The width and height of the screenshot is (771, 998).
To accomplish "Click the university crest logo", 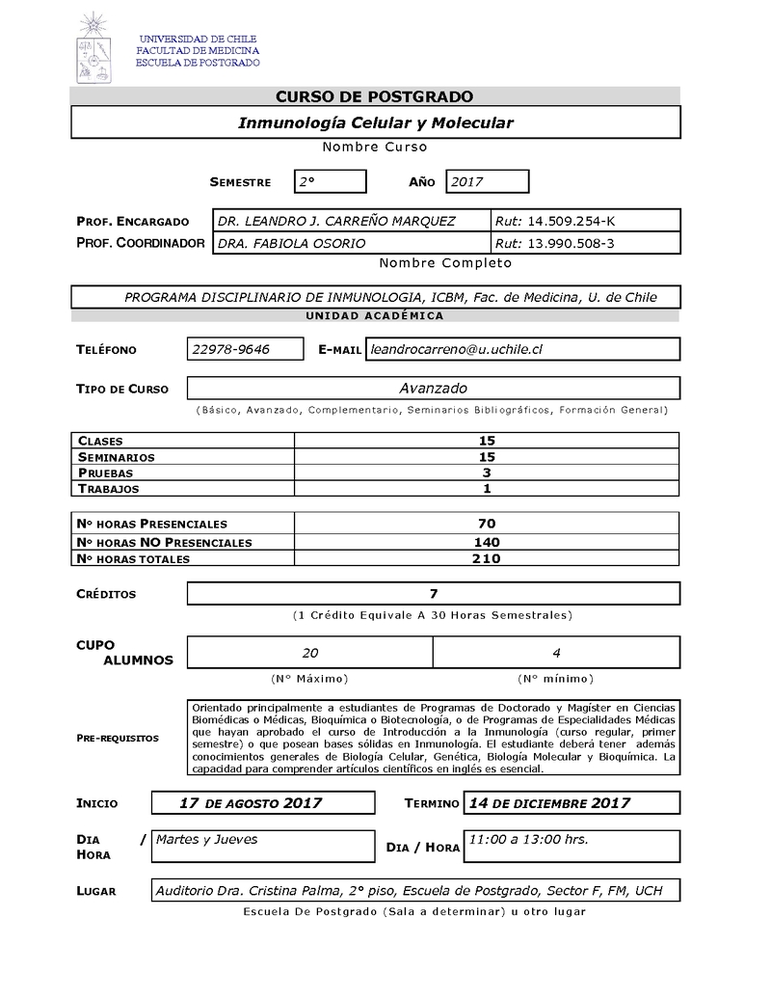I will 93,48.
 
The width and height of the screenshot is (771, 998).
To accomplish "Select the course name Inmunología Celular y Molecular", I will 375,123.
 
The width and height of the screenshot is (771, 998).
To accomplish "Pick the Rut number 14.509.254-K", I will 552,221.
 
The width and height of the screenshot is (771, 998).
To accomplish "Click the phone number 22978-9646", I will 230,349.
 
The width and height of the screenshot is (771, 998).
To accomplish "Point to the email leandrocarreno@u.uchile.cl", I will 457,349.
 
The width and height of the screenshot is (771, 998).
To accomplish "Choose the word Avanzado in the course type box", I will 433,388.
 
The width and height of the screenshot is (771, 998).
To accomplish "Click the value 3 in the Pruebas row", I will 487,472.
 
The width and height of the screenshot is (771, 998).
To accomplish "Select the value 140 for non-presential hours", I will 487,542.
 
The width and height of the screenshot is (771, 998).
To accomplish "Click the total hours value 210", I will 487,558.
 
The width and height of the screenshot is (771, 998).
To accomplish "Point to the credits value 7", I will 434,594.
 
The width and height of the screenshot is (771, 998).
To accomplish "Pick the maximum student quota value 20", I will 310,653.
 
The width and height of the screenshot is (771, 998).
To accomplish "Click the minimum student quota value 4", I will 556,653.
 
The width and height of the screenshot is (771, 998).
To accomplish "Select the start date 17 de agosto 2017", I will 251,803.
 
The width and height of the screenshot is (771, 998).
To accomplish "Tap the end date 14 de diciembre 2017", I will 548,803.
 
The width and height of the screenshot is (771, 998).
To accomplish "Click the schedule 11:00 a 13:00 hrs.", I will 527,840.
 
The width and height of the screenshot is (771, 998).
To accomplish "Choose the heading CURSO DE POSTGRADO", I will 375,96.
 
